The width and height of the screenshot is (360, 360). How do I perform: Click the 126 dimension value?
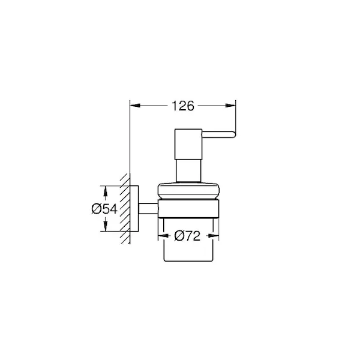coord(183,106)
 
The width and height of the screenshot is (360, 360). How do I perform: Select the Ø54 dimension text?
coord(104,209)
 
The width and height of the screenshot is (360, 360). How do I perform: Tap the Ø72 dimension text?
coord(187,236)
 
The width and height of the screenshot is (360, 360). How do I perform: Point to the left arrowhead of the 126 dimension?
coord(135,106)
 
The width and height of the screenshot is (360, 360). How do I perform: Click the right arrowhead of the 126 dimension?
coord(230,106)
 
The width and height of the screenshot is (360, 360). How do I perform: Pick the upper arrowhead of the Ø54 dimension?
coord(106,191)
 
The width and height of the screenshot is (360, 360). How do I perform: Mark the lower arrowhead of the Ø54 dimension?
coord(106,226)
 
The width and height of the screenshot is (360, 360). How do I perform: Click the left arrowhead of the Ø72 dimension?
coord(163,236)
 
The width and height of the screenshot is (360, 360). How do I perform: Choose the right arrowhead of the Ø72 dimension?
coord(213,236)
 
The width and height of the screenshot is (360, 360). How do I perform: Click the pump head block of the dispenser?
coord(188,144)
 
